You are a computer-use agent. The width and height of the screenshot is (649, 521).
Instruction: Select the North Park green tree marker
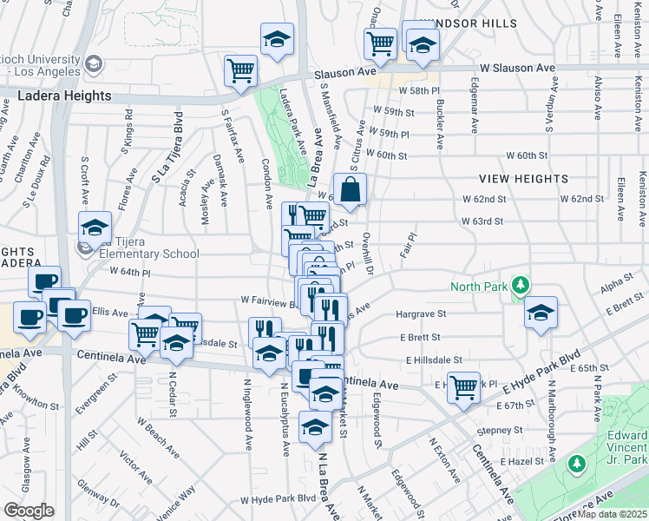tap(520, 285)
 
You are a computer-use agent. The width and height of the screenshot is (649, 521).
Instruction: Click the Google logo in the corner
tap(29, 510)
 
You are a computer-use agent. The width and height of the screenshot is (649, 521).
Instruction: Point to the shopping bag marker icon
tap(350, 190)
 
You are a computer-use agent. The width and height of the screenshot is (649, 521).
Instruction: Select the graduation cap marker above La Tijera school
tap(95, 228)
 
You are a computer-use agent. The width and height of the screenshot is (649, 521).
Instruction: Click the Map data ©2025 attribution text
tap(612, 514)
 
